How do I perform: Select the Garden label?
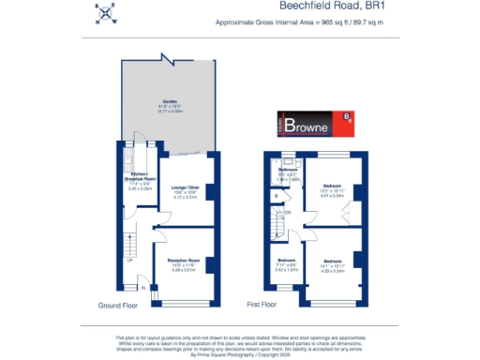[x=169, y=103]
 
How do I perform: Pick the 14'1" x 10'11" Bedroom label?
[x=333, y=263]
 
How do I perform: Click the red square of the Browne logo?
[x=347, y=118]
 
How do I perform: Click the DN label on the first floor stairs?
[x=287, y=213]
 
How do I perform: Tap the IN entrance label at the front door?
[x=143, y=289]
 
